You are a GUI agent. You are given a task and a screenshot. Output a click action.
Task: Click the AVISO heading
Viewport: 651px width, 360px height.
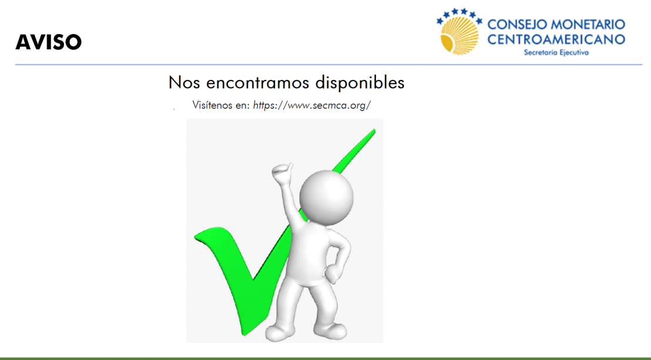(x=49, y=42)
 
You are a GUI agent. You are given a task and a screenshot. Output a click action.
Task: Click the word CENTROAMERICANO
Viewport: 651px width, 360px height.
(x=556, y=39)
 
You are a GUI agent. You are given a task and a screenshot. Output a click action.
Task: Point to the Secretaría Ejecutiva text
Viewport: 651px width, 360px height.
(x=556, y=52)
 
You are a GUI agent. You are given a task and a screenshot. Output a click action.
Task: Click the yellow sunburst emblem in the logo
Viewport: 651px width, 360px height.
(x=459, y=35)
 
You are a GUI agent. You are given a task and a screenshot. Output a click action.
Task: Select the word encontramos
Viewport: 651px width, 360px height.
(x=259, y=83)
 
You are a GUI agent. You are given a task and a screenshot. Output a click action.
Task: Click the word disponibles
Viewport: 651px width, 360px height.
(x=360, y=82)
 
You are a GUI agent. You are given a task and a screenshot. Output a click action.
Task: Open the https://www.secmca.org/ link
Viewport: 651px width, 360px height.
(x=311, y=106)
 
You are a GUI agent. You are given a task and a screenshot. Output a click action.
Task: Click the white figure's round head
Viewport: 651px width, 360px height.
(x=326, y=196)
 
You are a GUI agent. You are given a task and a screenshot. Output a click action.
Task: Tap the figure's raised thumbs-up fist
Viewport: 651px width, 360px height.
(x=283, y=174)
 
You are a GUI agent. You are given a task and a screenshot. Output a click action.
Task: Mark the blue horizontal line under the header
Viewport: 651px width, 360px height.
(x=329, y=65)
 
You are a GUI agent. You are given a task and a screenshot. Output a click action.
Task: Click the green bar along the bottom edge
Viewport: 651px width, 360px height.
(x=325, y=358)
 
